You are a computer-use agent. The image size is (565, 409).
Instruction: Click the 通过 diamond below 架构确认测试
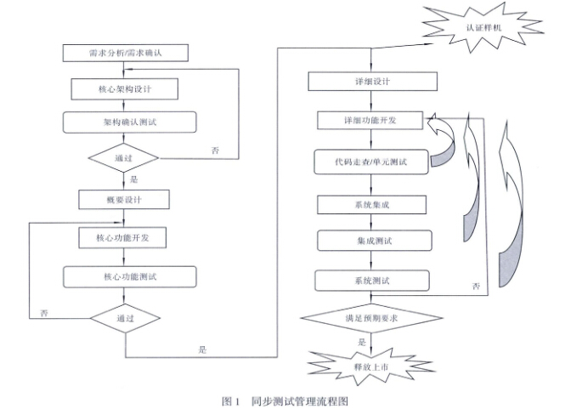click(124, 158)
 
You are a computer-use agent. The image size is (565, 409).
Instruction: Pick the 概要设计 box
click(124, 200)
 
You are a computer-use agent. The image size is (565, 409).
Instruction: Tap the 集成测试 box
click(372, 241)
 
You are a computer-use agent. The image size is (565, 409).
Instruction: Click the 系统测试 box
click(372, 280)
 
